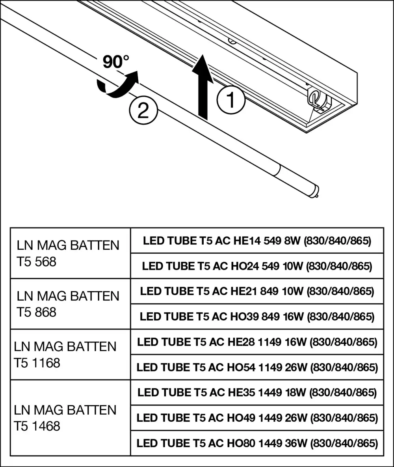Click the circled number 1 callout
click(x=231, y=100)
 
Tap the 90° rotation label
click(x=116, y=62)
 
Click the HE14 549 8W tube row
click(x=257, y=241)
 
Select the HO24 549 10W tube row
click(x=257, y=266)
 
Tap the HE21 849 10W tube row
click(x=257, y=291)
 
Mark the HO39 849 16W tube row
click(x=257, y=316)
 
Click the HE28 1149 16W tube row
click(x=257, y=342)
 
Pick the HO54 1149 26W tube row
click(x=257, y=367)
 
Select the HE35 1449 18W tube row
click(x=257, y=392)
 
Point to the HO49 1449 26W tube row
click(x=257, y=418)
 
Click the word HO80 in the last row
click(x=240, y=443)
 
